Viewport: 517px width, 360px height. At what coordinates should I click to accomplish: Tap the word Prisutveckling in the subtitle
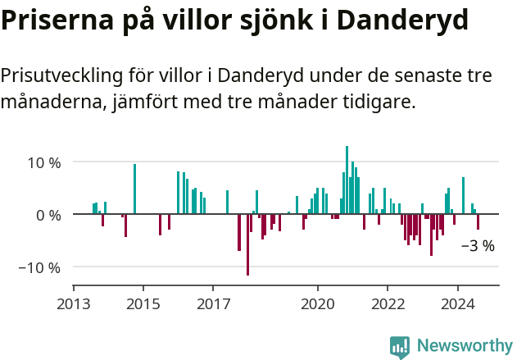62,77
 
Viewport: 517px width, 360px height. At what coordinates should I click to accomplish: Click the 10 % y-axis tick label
44,162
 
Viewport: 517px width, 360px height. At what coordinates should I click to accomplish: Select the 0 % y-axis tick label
48,215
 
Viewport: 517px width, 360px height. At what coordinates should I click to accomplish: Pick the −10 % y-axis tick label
40,267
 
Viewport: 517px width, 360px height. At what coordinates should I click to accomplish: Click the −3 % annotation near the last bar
478,245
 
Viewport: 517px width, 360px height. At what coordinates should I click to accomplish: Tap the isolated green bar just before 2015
134,189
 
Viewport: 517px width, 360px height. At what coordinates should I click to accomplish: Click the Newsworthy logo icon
400,347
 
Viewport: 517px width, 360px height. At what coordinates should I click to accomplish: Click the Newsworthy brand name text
464,346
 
